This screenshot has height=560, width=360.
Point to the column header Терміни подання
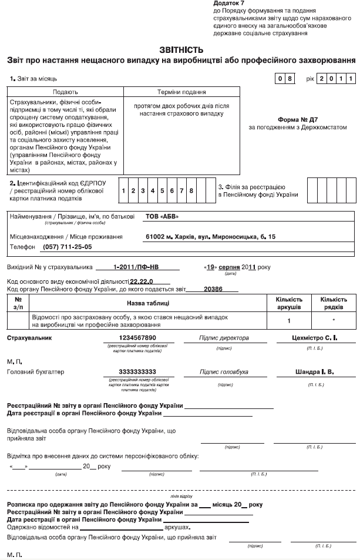(x=181, y=92)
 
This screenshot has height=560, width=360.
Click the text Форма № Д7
(x=298, y=118)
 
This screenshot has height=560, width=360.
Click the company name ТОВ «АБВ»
(x=162, y=216)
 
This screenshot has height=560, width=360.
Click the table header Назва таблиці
(x=148, y=303)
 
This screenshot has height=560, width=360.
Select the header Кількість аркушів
(x=289, y=303)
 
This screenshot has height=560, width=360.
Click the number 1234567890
(x=137, y=338)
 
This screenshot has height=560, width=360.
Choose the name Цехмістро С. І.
(x=315, y=338)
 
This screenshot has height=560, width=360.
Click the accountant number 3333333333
(x=137, y=372)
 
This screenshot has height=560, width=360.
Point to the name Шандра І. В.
(x=314, y=372)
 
